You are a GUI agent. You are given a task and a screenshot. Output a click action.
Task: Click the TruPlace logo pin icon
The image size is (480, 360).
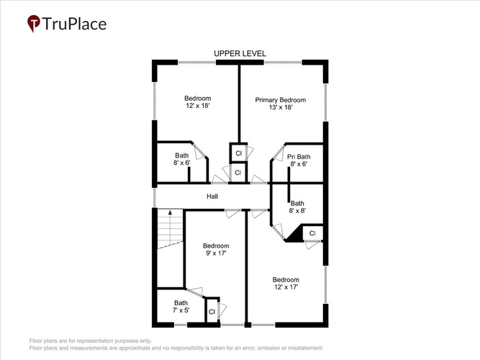click(34, 23)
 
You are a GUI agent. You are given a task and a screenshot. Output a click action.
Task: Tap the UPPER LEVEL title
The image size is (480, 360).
click(240, 53)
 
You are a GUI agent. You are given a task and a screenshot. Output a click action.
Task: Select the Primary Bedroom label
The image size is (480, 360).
click(281, 100)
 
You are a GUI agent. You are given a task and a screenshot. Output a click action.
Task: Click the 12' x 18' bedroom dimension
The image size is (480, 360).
click(198, 106)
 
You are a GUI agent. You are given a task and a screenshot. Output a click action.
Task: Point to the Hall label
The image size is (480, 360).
click(212, 197)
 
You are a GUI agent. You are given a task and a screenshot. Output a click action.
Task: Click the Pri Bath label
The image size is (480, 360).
click(299, 157)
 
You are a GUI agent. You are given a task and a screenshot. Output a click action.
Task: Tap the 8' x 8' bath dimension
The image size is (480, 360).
click(297, 210)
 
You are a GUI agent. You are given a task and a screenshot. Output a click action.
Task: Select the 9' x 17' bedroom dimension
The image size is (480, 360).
click(216, 253)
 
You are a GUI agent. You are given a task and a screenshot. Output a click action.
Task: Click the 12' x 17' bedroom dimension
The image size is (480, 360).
click(286, 287)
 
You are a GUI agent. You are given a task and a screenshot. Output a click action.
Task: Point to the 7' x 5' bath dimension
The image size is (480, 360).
click(181, 310)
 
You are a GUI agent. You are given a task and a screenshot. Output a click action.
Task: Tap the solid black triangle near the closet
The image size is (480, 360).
click(294, 234)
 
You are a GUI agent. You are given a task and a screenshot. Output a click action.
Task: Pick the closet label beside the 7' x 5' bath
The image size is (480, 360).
click(212, 312)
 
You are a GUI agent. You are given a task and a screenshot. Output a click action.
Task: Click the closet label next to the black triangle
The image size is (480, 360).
click(312, 233)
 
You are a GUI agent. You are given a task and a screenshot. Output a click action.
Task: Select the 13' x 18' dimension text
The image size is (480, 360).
click(281, 107)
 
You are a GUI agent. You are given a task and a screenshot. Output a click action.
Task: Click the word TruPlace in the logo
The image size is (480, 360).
click(74, 24)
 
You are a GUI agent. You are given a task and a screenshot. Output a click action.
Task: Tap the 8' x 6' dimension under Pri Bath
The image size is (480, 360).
click(299, 164)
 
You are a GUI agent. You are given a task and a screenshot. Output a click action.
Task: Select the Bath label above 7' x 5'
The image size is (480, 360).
click(181, 303)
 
